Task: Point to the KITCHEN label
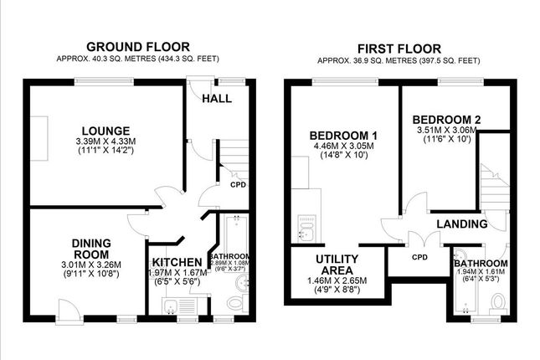coord(177,261)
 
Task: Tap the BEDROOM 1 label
coord(343,136)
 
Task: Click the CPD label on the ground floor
coord(238,185)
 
